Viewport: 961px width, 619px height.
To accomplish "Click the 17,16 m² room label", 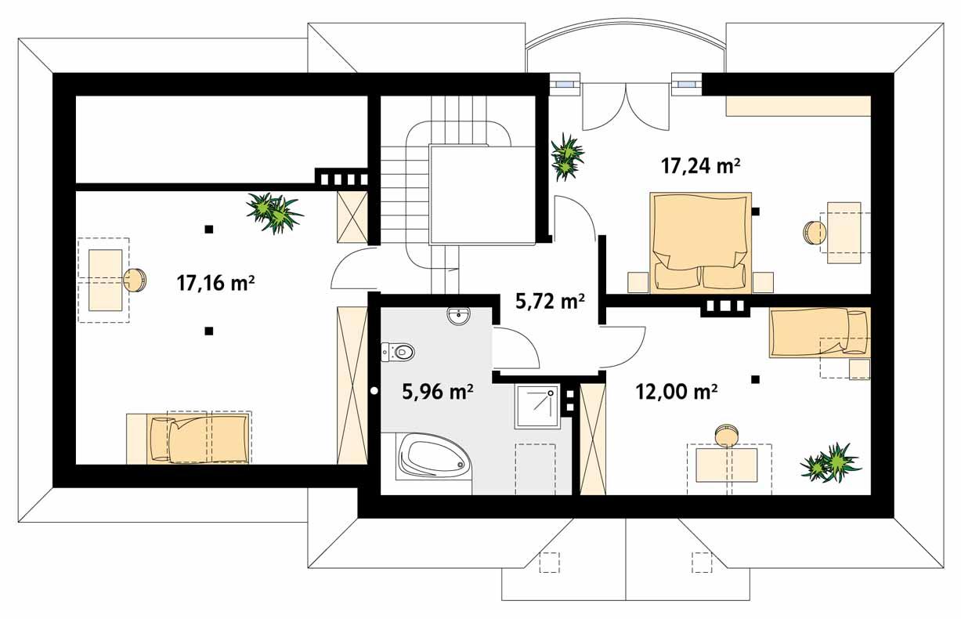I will click(216, 284).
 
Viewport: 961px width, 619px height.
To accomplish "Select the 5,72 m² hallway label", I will click(551, 300).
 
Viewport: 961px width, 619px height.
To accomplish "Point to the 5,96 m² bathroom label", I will click(437, 391).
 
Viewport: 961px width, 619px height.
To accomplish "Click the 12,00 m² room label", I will click(677, 392).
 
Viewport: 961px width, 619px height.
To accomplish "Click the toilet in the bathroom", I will click(399, 353).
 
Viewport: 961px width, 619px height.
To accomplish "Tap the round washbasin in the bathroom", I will click(457, 316).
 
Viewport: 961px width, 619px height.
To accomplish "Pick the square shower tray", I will click(537, 406).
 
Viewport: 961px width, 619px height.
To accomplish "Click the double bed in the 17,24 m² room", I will click(700, 242).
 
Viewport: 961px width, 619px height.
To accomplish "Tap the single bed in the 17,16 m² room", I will click(188, 438).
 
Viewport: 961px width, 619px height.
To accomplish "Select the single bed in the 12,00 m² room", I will click(819, 332).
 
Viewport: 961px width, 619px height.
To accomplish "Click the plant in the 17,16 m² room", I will click(273, 212).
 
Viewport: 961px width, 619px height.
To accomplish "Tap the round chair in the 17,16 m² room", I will click(135, 280).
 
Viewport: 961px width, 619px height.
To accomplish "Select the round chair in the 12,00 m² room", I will click(726, 435).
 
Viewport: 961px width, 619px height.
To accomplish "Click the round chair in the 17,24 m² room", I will click(814, 233).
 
